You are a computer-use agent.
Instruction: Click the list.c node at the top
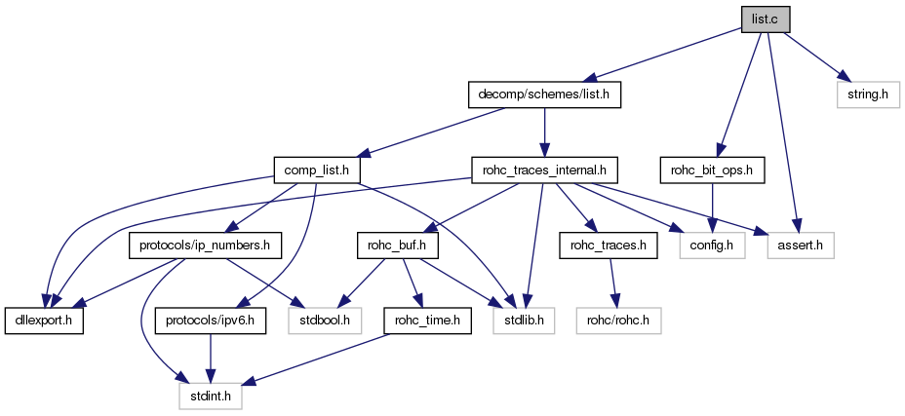coord(766,19)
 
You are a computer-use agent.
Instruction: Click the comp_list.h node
coord(317,170)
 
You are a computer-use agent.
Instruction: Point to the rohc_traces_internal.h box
coord(544,170)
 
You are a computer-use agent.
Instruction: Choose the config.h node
coord(713,245)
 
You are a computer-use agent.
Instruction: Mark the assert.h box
coord(802,245)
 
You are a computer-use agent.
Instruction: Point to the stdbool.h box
coord(325,320)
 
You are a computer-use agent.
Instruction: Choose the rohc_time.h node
coord(427,320)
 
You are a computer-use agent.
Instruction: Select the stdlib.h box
coord(527,320)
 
